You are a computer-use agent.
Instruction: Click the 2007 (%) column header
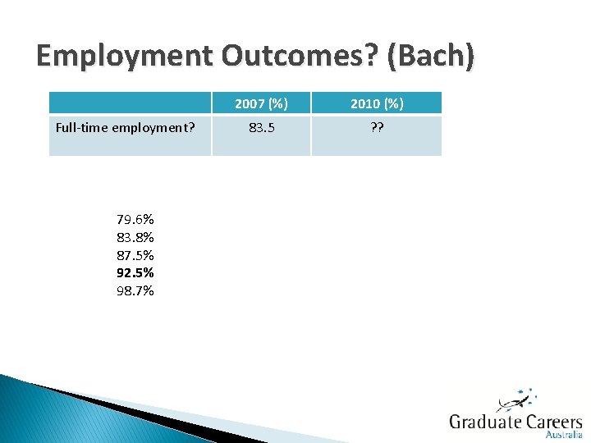[x=261, y=103]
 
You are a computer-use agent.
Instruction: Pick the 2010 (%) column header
[x=376, y=103]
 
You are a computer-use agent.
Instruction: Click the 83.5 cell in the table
[x=261, y=127]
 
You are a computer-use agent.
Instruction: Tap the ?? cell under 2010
[x=376, y=127]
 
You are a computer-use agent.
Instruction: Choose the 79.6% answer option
[x=135, y=219]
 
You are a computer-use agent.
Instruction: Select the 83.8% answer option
[x=135, y=237]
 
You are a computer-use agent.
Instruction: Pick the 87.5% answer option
[x=135, y=255]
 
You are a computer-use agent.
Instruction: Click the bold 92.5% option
[x=135, y=272]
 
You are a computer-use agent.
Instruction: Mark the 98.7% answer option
[x=135, y=290]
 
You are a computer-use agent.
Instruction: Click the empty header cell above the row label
[x=130, y=103]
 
